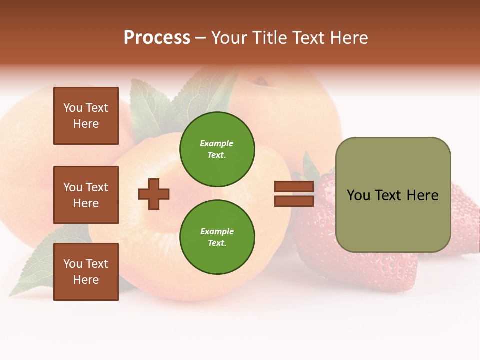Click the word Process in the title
157,38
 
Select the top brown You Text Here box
86,116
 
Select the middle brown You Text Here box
86,195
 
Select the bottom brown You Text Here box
86,271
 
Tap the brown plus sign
154,194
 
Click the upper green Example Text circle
217,149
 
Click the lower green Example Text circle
217,237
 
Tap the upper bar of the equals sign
294,187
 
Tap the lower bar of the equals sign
294,201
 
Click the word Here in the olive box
422,195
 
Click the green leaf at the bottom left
35,270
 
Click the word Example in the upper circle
216,143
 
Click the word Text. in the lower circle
217,243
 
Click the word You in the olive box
358,195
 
